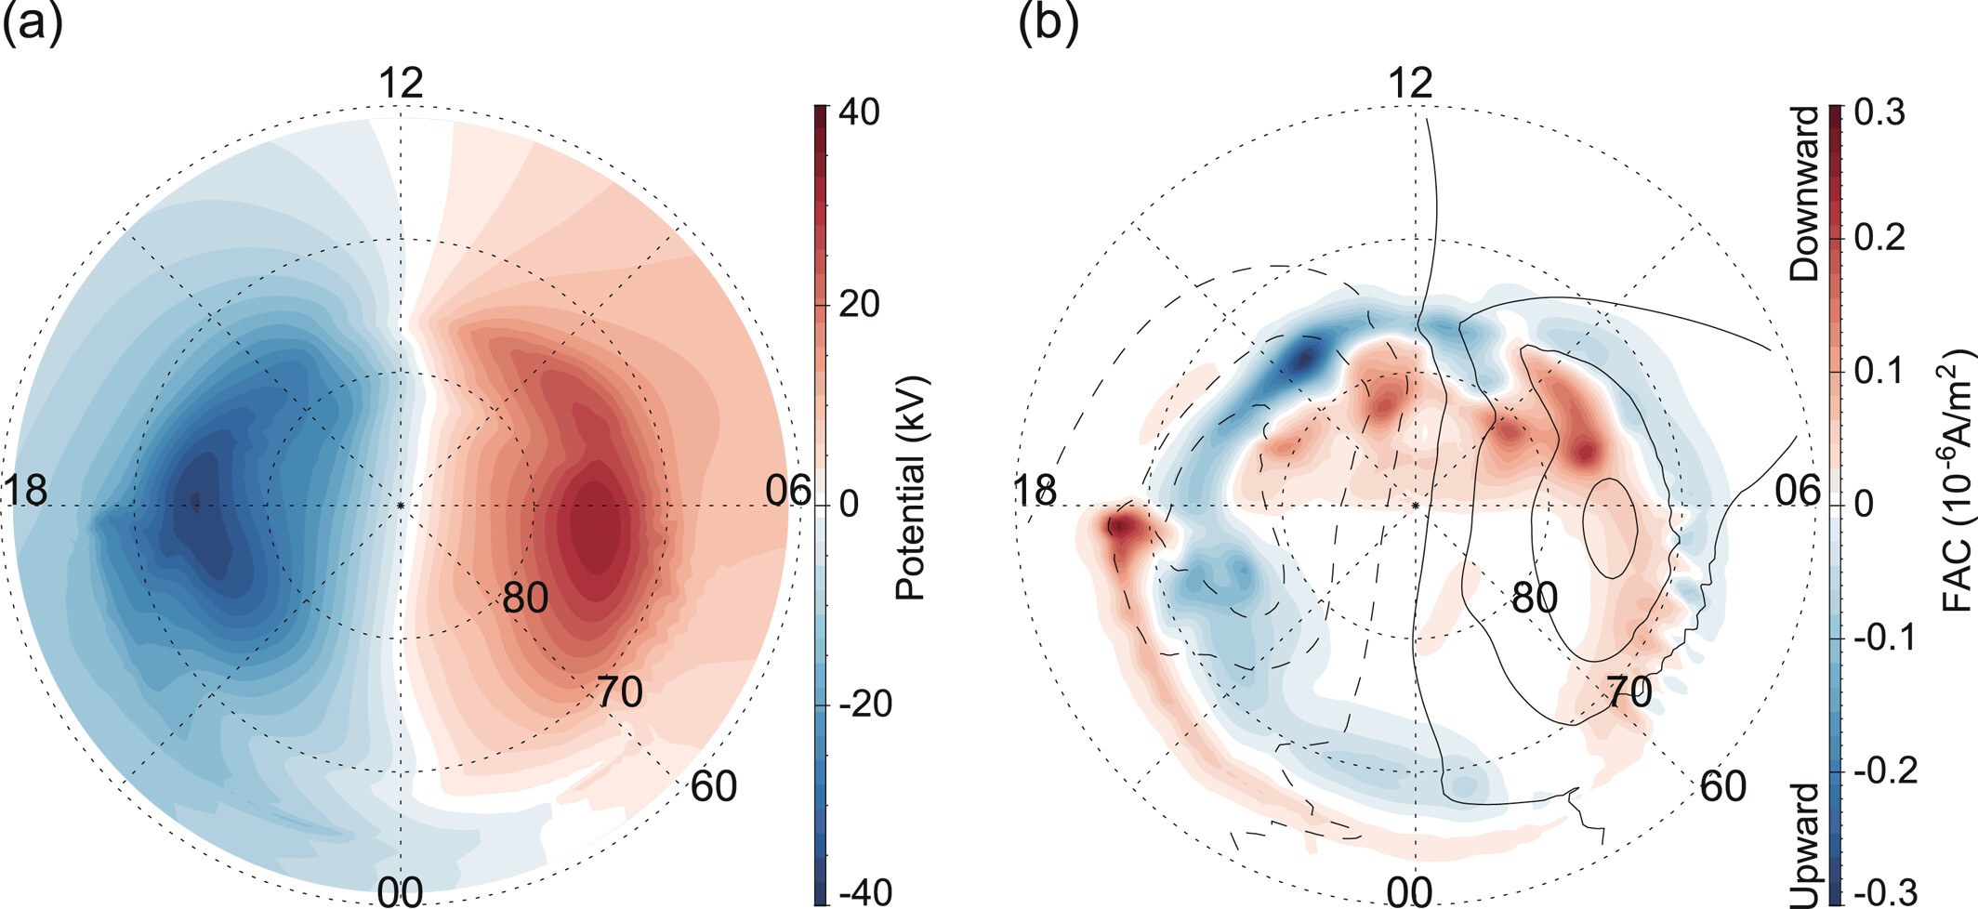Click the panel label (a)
click(33, 23)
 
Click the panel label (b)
click(1048, 23)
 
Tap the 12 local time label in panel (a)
click(401, 84)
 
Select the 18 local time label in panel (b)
click(1034, 491)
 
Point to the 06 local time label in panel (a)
click(787, 491)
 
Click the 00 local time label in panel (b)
click(1409, 892)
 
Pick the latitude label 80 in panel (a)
click(525, 599)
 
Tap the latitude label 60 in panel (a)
click(713, 786)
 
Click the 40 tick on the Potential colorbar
click(858, 112)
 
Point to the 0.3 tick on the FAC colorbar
click(1879, 112)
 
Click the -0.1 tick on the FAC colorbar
click(1883, 639)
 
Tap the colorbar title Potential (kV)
click(911, 488)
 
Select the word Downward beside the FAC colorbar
click(1804, 193)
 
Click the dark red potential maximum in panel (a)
click(595, 525)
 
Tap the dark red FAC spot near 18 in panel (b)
click(1122, 527)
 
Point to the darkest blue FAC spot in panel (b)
click(1303, 358)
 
